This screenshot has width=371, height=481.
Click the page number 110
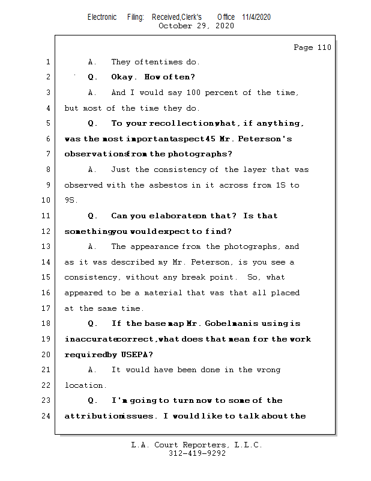click(324, 47)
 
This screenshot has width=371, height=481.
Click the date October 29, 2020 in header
click(196, 26)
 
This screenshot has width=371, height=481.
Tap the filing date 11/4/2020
click(256, 17)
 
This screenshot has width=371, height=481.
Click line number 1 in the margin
click(47, 62)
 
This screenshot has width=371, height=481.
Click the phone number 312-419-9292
click(197, 454)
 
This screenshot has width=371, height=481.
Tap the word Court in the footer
click(171, 445)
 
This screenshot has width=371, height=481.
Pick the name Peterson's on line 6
click(265, 139)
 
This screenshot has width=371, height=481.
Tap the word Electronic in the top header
click(102, 17)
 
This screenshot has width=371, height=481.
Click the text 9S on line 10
click(70, 200)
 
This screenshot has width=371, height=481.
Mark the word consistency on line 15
click(92, 277)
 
